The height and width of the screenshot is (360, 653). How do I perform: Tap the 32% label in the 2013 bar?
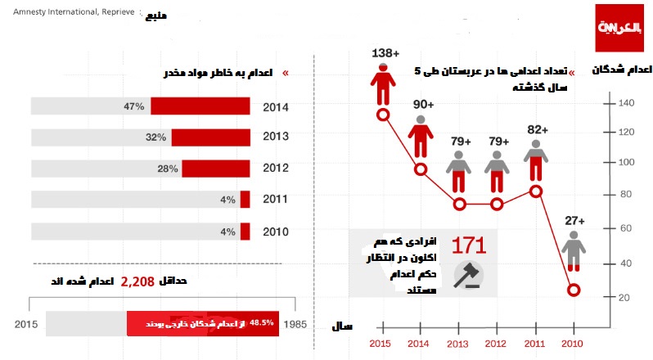point(156,137)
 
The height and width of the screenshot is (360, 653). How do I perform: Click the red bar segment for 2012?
point(215,169)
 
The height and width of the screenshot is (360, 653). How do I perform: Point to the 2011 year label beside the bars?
point(275,200)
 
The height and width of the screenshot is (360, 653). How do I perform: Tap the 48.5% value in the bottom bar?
point(261,322)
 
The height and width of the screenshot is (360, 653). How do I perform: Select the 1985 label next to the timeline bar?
point(295,324)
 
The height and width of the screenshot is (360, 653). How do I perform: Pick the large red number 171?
point(469,245)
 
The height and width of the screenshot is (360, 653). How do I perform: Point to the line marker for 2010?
point(574,290)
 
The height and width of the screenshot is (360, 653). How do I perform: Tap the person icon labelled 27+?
point(574,250)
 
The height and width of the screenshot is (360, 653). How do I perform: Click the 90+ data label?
point(422,105)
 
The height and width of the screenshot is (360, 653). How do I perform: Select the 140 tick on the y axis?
point(627,103)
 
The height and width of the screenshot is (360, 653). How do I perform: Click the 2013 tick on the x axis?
point(460,344)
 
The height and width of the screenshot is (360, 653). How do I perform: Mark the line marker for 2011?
point(536,191)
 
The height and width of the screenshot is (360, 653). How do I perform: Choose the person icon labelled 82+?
point(536,159)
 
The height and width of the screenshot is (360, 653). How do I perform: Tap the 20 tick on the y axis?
point(624,297)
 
